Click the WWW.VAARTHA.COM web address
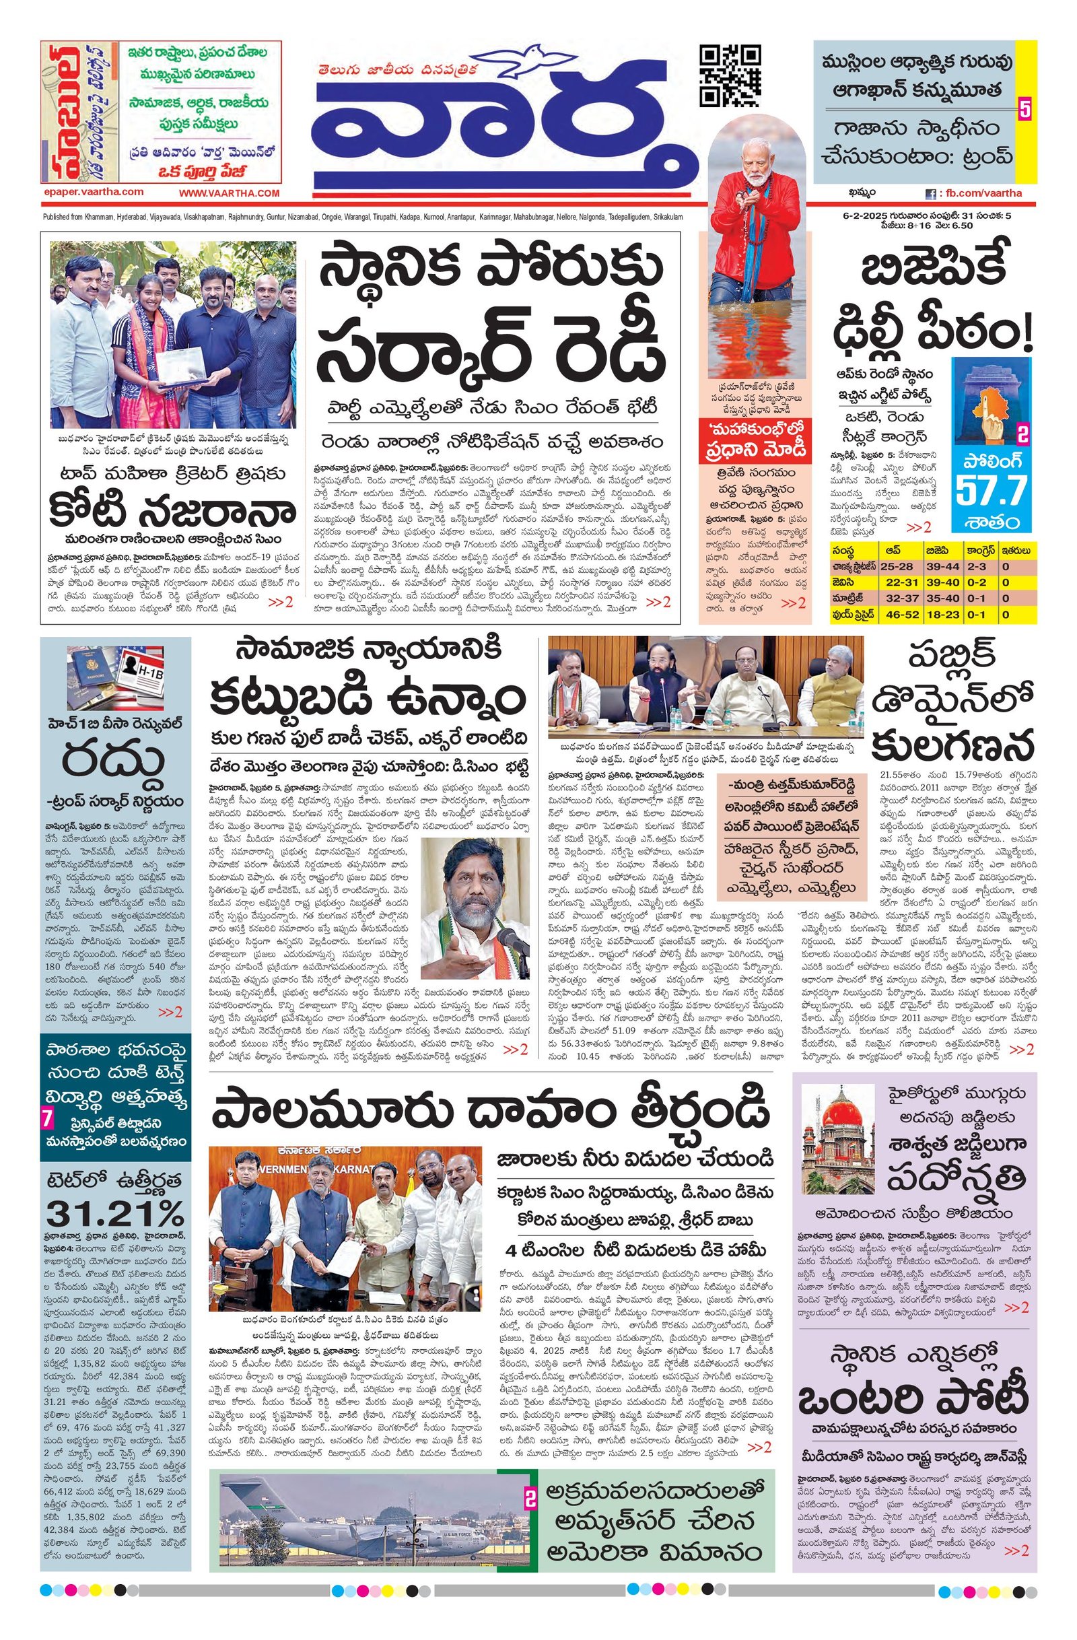pos(230,194)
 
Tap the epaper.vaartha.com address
pos(93,193)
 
